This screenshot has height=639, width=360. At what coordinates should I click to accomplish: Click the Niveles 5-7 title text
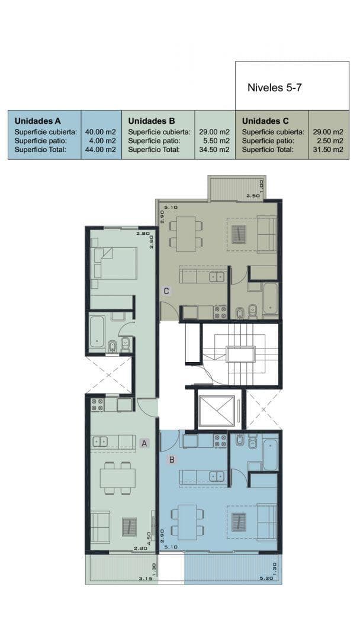tap(274, 88)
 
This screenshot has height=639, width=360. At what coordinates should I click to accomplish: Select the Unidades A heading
tap(37, 121)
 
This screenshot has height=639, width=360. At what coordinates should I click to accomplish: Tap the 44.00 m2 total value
tap(101, 150)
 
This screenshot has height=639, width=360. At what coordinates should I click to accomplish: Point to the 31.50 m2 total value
tap(328, 150)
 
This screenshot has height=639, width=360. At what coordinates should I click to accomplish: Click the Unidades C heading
tap(265, 121)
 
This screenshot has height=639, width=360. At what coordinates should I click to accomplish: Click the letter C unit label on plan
tap(166, 291)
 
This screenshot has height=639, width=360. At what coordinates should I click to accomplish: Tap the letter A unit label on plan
tap(144, 443)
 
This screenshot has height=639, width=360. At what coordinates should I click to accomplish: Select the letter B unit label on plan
tap(172, 460)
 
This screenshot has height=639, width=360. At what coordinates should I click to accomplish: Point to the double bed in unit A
tap(114, 263)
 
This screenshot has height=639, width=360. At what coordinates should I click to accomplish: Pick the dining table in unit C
tap(187, 234)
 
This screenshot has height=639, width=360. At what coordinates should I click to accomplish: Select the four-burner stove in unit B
tap(221, 441)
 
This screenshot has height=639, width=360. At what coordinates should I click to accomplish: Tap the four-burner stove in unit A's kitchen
tap(97, 404)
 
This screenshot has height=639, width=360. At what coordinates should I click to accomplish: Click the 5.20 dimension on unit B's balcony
tap(266, 578)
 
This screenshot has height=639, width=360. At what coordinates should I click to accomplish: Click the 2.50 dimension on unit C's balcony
tap(252, 196)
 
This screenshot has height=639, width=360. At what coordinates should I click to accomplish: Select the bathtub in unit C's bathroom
tap(271, 298)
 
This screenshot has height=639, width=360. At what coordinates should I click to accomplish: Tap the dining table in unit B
tap(188, 522)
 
